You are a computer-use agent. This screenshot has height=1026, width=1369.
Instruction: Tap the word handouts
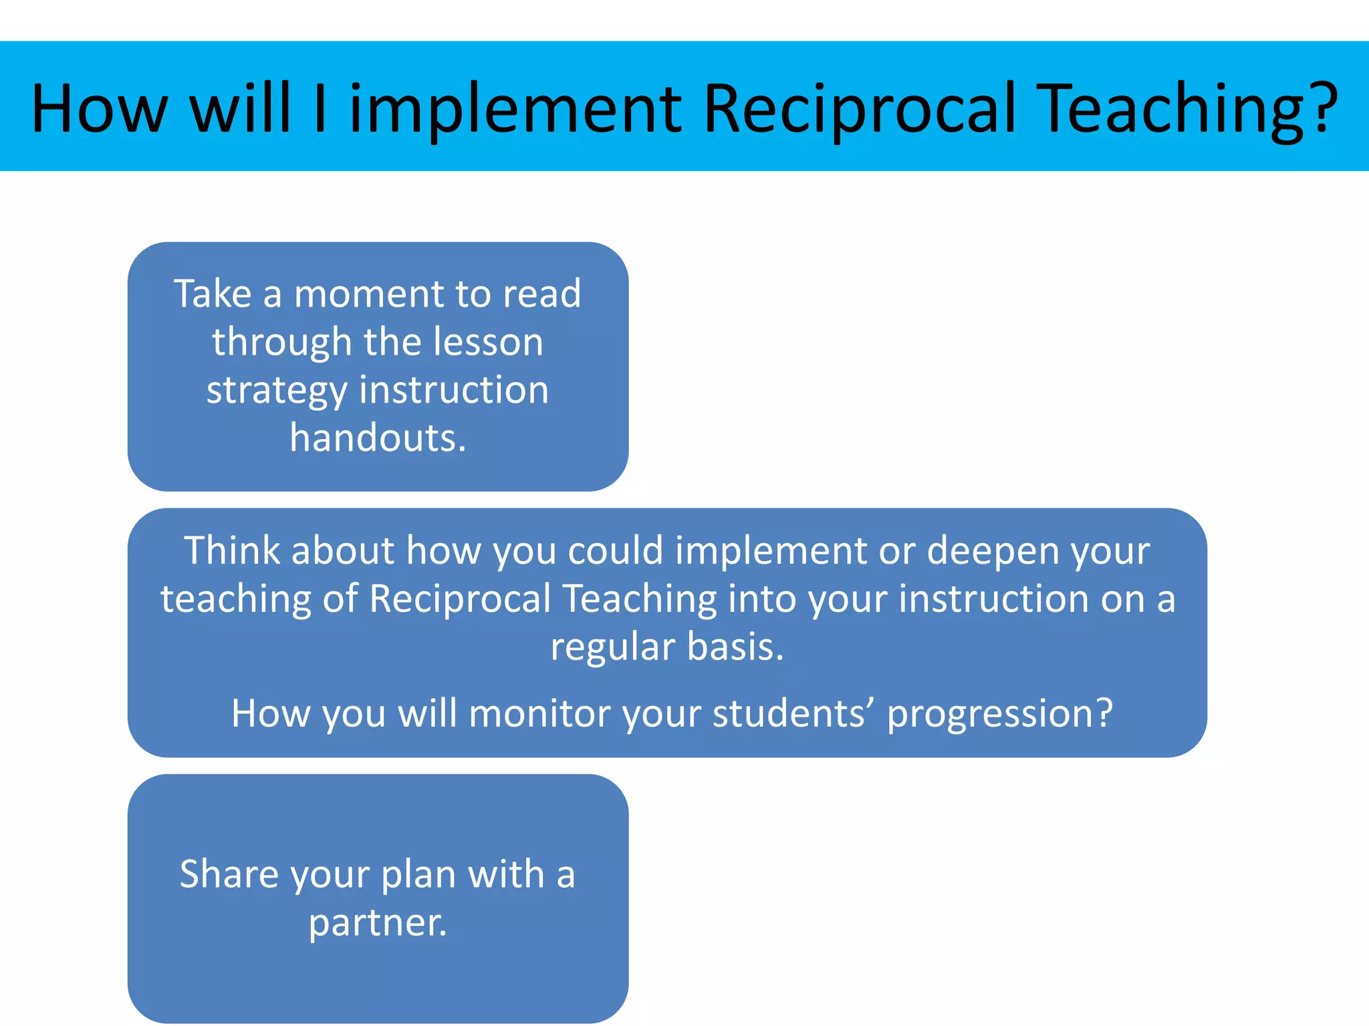pos(378,438)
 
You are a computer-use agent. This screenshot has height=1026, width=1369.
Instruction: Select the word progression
pos(1000,715)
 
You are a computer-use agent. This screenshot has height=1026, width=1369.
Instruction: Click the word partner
pos(378,923)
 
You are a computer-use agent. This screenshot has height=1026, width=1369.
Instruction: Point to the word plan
pos(418,875)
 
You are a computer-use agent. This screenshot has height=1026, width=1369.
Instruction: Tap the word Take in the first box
pos(213,294)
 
